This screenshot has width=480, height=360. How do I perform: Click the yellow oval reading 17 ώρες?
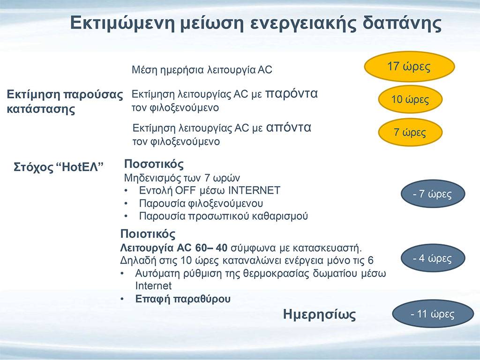click(409, 67)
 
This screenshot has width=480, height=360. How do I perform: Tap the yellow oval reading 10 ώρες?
click(410, 99)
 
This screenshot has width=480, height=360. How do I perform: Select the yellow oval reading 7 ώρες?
click(410, 132)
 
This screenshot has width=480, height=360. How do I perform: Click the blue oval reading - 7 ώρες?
click(433, 194)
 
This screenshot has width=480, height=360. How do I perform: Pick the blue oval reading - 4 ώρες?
click(433, 258)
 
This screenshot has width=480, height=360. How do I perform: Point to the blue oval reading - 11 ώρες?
click(433, 314)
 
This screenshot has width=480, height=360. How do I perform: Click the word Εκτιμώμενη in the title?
click(122, 23)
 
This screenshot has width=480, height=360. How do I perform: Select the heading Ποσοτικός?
click(154, 164)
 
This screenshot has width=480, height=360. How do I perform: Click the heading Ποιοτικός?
click(148, 234)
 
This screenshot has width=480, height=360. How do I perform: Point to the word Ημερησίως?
click(319, 315)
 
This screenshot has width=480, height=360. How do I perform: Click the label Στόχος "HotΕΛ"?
click(59, 167)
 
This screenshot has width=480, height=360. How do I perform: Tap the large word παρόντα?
click(291, 93)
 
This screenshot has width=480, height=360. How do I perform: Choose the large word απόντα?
click(289, 127)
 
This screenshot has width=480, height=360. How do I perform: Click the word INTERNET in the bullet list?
click(255, 190)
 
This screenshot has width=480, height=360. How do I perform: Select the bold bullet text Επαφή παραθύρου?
click(183, 299)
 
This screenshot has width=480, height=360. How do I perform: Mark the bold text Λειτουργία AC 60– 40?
click(173, 247)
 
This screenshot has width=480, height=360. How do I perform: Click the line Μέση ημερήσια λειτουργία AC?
click(202, 70)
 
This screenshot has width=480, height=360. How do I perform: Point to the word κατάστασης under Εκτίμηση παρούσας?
click(41, 109)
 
